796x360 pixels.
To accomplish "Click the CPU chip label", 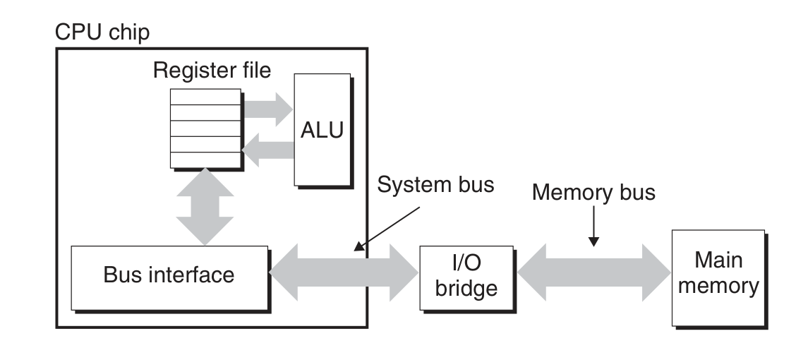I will click(102, 33).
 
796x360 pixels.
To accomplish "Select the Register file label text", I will click(212, 71).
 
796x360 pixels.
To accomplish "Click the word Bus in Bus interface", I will click(121, 275).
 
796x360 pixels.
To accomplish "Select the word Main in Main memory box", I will click(718, 260).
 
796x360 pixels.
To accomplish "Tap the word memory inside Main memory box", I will click(718, 286).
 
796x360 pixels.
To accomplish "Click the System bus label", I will click(436, 185).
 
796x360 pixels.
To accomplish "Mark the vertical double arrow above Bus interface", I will click(204, 207).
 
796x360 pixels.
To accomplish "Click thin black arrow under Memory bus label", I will click(593, 229).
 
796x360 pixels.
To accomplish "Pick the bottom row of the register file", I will click(205, 160).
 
